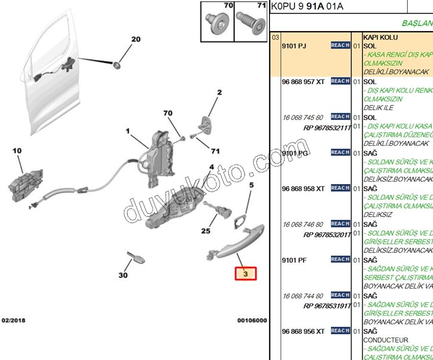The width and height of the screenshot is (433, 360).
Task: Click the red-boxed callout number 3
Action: click(246, 274)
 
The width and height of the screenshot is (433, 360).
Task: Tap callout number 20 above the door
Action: click(136, 39)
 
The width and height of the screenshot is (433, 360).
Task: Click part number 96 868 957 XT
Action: click(303, 82)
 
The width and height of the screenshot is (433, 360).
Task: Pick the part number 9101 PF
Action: click(294, 260)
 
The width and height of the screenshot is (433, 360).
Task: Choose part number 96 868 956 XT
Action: click(303, 331)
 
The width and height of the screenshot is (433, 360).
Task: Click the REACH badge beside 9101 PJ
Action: click(340, 45)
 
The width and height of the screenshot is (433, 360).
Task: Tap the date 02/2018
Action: click(14, 321)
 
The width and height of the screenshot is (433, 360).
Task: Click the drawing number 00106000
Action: click(252, 321)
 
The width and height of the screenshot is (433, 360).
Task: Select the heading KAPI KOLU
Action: click(381, 37)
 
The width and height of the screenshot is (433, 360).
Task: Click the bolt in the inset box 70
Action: click(216, 23)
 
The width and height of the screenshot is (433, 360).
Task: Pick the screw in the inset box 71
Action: click(251, 23)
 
